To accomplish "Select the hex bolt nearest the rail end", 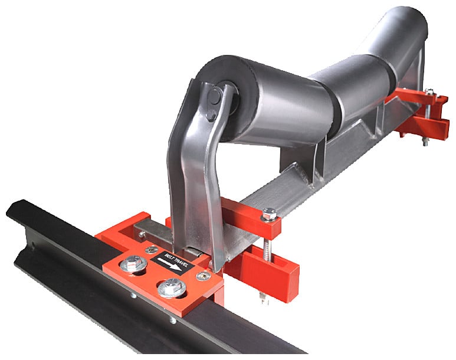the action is pyautogui.click(x=134, y=264).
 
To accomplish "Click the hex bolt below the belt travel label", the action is pyautogui.click(x=172, y=287).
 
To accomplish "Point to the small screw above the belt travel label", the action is pyautogui.click(x=152, y=249).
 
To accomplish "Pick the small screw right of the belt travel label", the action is pyautogui.click(x=204, y=275).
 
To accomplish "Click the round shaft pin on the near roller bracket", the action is pyautogui.click(x=215, y=96).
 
